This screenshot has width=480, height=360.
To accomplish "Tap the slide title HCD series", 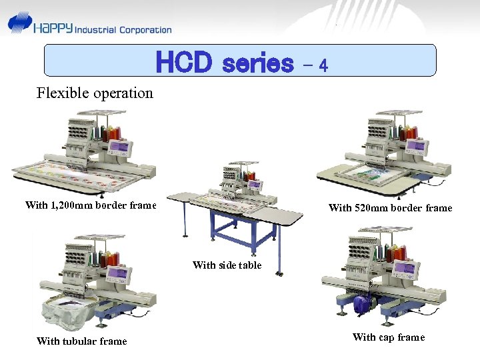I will point(225,63).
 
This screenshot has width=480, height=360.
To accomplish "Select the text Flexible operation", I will point(95,93).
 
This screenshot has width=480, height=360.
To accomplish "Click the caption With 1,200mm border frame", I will point(90,205).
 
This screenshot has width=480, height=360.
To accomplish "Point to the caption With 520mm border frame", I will point(390,208).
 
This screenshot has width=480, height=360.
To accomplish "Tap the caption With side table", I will point(227,265).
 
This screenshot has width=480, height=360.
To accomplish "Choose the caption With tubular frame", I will point(81,341).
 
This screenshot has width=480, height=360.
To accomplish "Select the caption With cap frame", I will point(388,337).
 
